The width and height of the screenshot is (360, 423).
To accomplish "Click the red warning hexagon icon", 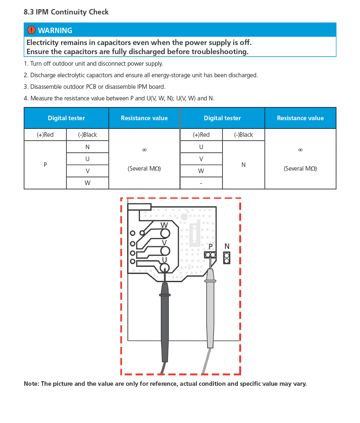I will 31,30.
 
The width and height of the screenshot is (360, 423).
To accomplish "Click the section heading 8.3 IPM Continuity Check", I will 66,12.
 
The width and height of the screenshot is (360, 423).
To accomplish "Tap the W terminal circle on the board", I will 165,233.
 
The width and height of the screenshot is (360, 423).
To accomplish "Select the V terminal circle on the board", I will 165,251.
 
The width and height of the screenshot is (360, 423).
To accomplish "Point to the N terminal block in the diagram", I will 227,258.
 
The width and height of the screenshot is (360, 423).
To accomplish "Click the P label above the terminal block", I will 211,247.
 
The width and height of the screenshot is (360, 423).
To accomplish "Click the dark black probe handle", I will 165,322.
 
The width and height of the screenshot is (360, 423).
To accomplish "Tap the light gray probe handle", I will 210,310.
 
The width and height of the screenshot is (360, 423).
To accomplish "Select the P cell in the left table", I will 45,165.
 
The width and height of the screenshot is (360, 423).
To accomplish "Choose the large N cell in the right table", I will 244,165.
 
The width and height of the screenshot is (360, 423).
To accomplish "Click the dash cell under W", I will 201,183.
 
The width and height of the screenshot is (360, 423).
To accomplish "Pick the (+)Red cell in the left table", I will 45,135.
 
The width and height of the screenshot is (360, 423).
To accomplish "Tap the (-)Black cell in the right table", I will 244,135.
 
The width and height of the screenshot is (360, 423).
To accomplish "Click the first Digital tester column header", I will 66,118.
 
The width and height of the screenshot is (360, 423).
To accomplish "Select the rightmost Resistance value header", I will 300,118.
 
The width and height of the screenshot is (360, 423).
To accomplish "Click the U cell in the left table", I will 88,159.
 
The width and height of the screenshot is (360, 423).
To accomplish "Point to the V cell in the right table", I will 201,159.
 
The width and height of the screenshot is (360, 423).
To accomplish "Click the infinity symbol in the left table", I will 144,150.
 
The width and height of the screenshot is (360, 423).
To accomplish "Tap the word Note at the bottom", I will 31,384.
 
